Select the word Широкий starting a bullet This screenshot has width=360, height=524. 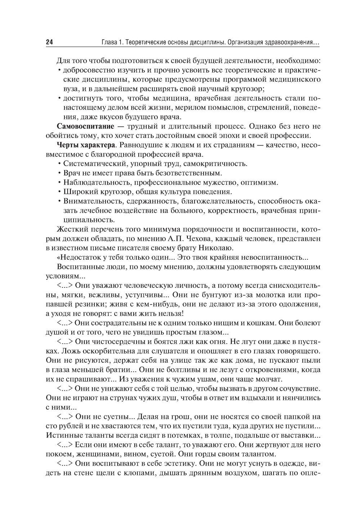(78, 192)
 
